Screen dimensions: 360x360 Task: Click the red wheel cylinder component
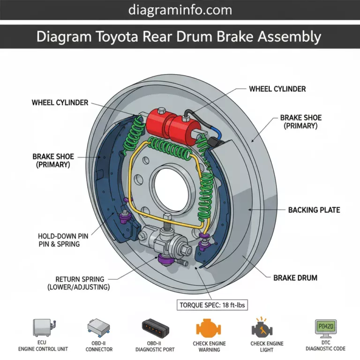point(172,125)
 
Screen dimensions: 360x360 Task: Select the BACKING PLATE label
point(314,210)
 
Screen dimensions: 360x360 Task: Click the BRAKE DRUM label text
point(295,277)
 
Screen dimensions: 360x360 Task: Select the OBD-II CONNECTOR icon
point(99,327)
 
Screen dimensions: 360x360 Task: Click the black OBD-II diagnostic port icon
point(154,327)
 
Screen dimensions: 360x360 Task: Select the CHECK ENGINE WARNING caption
point(209,346)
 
